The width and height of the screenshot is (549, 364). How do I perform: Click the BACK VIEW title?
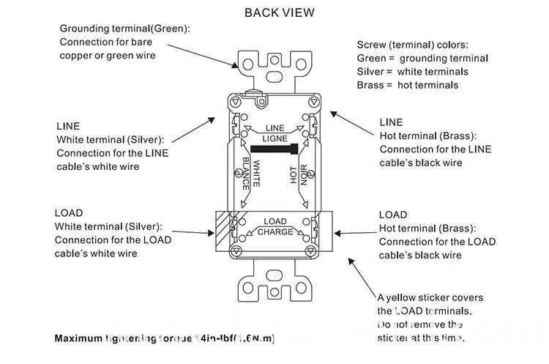(x=279, y=12)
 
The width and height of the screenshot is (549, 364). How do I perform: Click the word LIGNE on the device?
(x=274, y=138)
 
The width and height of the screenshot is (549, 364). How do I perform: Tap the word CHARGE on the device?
(x=274, y=232)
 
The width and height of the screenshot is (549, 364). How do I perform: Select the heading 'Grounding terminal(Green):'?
(x=124, y=28)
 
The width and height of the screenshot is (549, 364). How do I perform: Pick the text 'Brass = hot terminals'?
(x=407, y=85)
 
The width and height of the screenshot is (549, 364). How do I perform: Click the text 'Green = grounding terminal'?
(x=422, y=58)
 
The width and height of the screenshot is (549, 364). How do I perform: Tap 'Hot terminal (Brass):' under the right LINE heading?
(x=428, y=135)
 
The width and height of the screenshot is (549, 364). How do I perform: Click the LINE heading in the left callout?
(x=68, y=126)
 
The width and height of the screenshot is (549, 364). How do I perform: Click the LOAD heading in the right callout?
(x=393, y=215)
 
